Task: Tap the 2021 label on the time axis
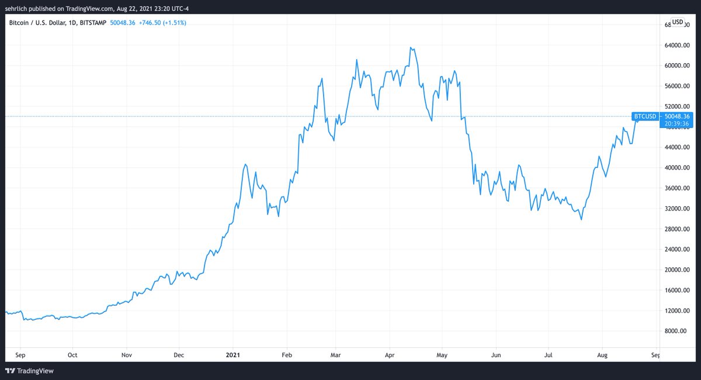(232, 354)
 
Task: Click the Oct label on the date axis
(72, 354)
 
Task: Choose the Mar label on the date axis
(335, 354)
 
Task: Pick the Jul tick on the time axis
(549, 354)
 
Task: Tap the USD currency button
(678, 22)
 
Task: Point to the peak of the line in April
(411, 47)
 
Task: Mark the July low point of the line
(581, 220)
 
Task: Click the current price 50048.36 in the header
(123, 23)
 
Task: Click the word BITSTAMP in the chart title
(93, 23)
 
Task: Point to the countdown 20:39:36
(678, 123)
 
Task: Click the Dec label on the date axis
(179, 354)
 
